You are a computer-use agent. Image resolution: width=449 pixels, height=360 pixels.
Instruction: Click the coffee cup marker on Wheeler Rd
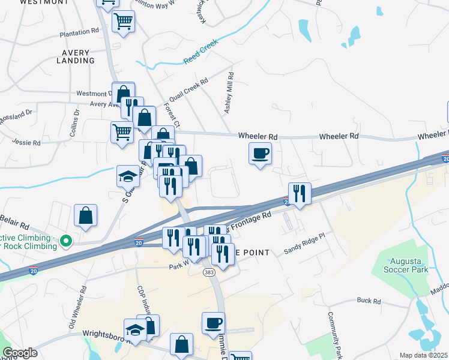tap(260, 154)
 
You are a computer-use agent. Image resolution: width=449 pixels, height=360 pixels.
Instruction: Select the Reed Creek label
tap(201, 53)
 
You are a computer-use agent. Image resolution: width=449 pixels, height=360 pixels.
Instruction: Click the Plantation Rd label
tap(79, 31)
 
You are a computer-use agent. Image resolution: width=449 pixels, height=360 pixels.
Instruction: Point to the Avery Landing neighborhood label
tap(76, 56)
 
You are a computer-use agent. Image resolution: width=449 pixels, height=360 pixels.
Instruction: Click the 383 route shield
tap(209, 272)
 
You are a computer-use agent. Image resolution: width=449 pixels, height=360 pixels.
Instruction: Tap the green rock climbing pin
tap(67, 242)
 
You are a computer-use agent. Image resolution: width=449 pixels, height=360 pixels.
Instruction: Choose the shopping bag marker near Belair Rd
tap(86, 216)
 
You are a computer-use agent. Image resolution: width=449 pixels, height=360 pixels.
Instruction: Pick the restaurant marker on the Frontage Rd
tap(300, 194)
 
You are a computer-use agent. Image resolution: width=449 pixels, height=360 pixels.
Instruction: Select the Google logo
tap(20, 353)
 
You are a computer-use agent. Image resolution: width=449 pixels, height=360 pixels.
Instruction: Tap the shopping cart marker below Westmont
tap(123, 22)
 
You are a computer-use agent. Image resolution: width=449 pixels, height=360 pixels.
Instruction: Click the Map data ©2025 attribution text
tap(423, 355)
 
